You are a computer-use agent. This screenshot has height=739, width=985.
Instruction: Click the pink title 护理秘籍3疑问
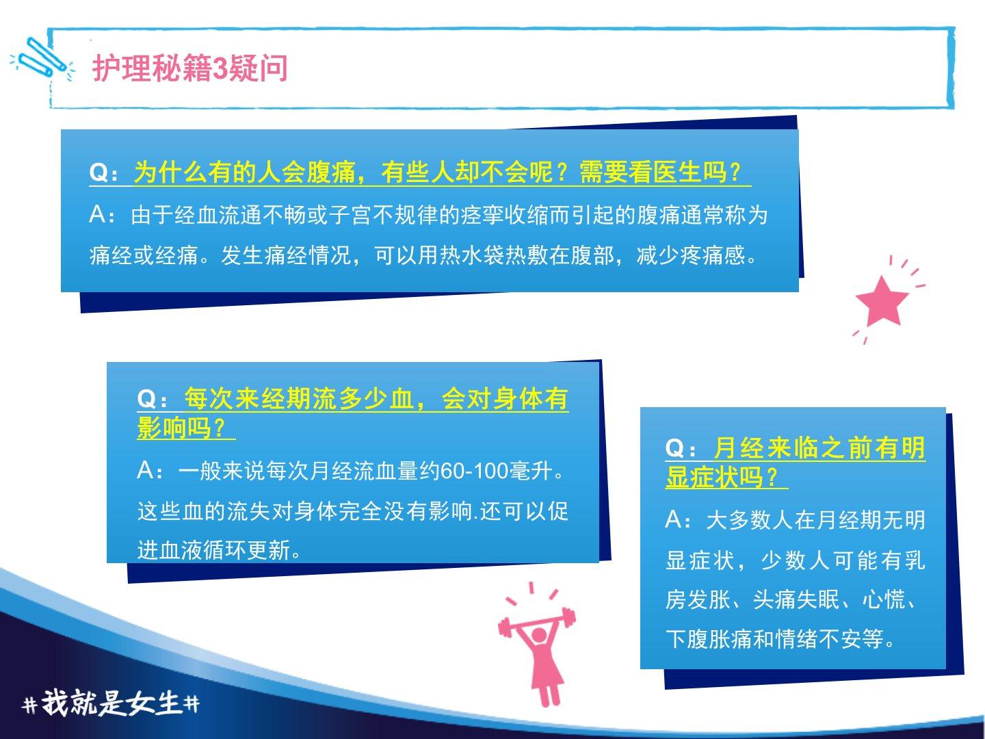[190, 68]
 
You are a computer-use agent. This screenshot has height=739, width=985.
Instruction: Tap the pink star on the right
[882, 301]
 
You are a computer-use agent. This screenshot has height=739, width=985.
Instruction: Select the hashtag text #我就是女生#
[111, 703]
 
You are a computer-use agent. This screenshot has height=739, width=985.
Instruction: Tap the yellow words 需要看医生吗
[653, 172]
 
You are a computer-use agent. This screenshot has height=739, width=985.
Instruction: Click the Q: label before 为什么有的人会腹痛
[104, 172]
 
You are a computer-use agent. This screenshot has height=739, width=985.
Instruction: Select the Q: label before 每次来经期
[152, 399]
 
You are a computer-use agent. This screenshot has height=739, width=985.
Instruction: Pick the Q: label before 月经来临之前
[681, 448]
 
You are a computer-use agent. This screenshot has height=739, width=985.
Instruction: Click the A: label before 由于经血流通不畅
[103, 215]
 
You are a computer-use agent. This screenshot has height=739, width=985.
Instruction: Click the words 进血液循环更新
[213, 550]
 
